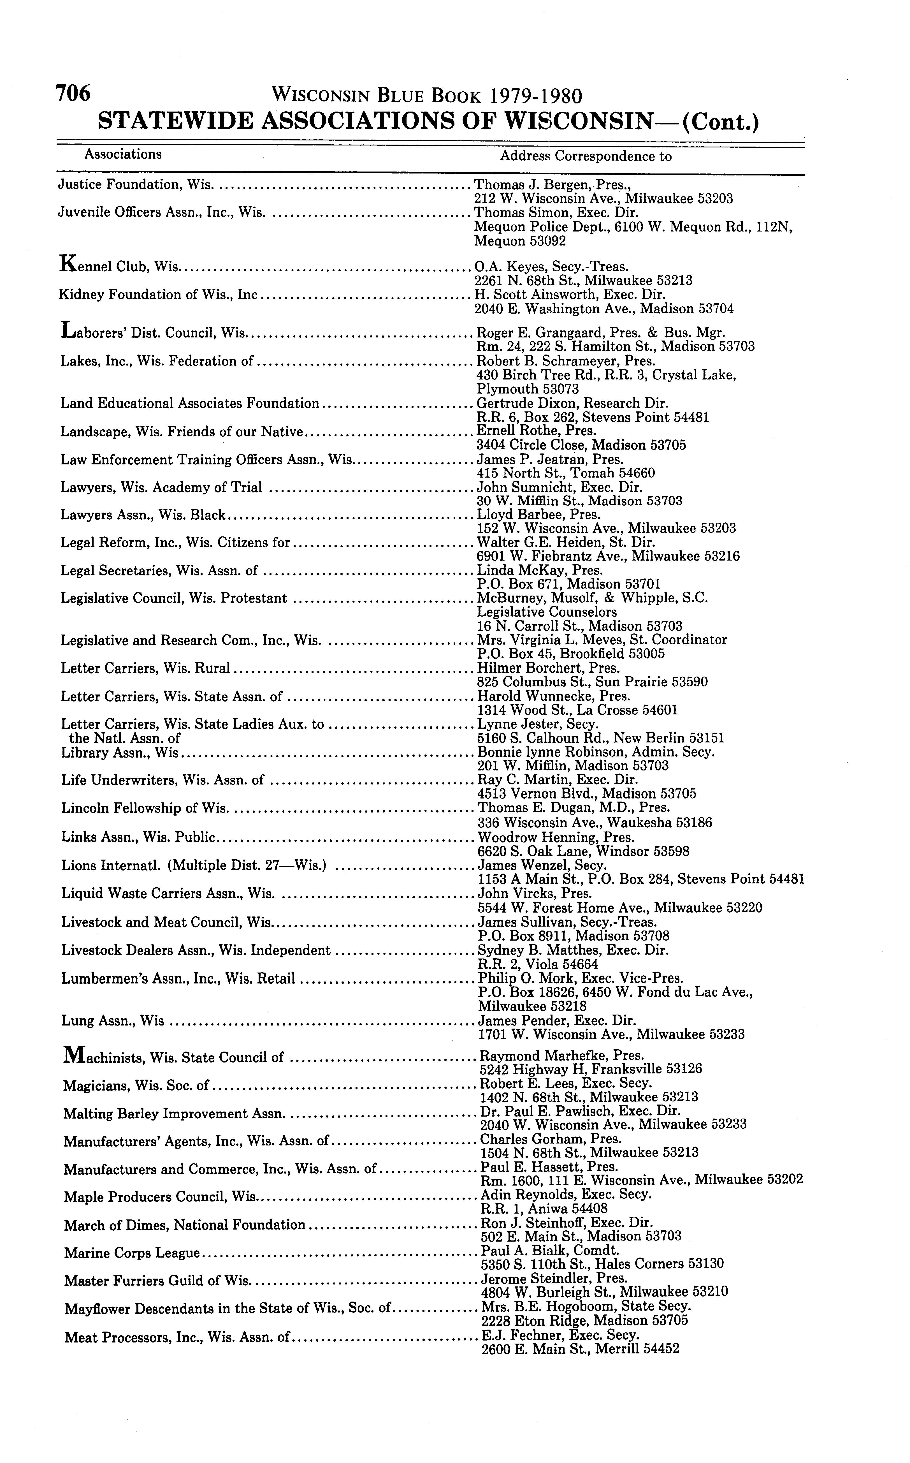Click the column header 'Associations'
(x=123, y=154)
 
